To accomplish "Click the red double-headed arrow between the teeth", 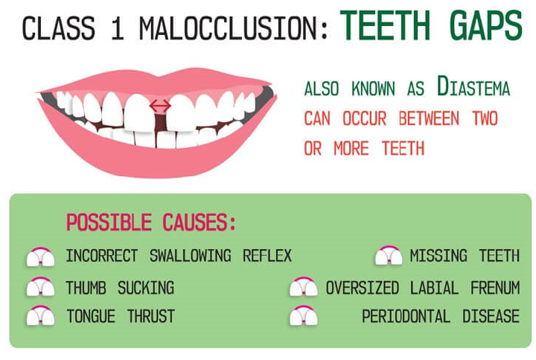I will coord(158,106).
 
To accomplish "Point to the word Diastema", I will coord(473,88).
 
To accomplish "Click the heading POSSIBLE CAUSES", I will coord(150,222).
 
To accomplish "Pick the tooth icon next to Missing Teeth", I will coord(388,257).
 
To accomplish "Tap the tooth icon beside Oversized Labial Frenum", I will coord(303,287).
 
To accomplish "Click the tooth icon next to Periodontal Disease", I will coord(303,316).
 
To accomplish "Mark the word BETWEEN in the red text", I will coord(427,119).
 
